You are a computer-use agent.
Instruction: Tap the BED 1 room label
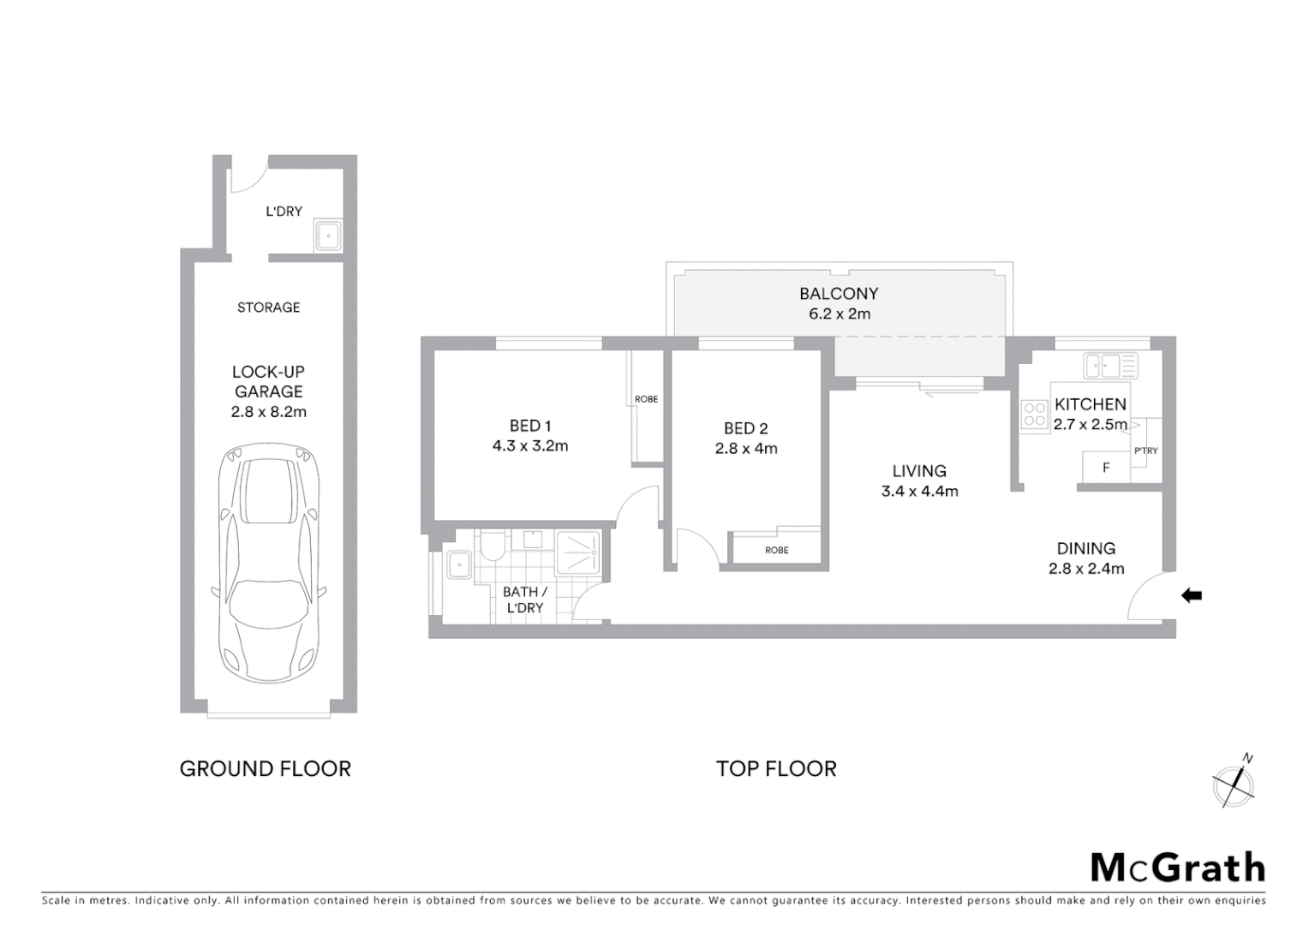[530, 426]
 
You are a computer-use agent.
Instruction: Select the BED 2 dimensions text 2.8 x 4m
[746, 448]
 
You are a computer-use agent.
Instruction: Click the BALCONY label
[839, 294]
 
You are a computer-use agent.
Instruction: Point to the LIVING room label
[919, 471]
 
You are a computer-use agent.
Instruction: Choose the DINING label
[1085, 549]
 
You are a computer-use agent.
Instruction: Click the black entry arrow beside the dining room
[1192, 595]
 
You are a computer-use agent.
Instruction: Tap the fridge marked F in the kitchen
[1106, 468]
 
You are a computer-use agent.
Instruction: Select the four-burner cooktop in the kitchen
[1035, 415]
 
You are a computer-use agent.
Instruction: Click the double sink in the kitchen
[1110, 366]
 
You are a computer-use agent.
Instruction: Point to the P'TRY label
[1145, 451]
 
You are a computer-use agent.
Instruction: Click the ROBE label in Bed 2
[776, 550]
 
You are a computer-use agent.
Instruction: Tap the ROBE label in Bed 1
[646, 399]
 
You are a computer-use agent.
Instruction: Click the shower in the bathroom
[578, 552]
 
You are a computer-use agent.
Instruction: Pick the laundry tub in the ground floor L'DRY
[328, 236]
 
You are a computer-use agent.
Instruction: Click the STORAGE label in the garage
[268, 307]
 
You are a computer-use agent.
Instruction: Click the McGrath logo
[1177, 868]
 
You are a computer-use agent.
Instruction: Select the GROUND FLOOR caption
[265, 769]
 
